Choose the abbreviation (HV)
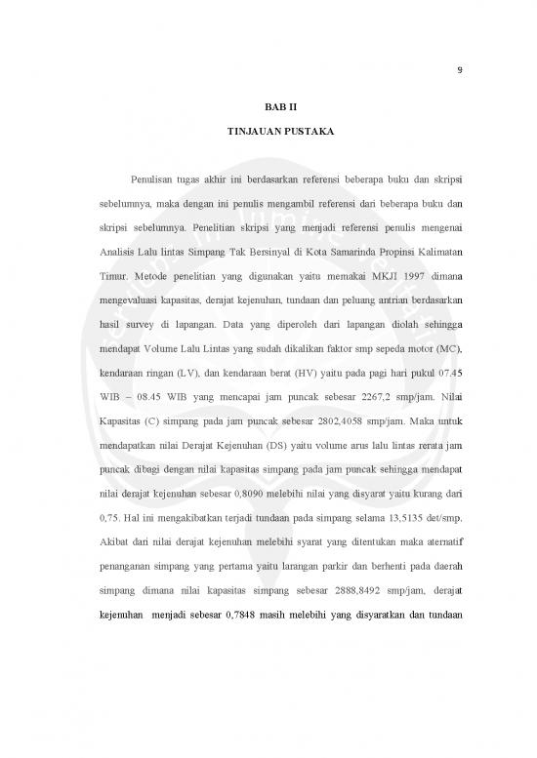point(355,400)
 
